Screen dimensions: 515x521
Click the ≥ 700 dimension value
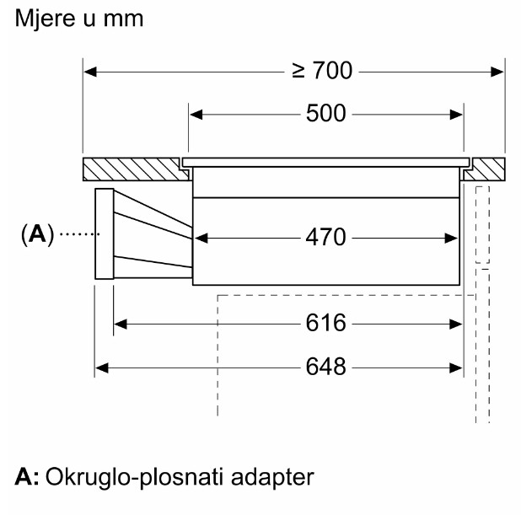[x=321, y=71]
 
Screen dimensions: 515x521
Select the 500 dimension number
[x=325, y=114]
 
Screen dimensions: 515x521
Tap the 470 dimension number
[x=325, y=239]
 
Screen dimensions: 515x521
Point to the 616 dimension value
[x=325, y=324]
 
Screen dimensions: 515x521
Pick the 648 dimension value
[x=325, y=367]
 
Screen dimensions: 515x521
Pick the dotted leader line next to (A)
[x=76, y=234]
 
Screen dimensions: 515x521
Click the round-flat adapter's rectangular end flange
[x=104, y=233]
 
